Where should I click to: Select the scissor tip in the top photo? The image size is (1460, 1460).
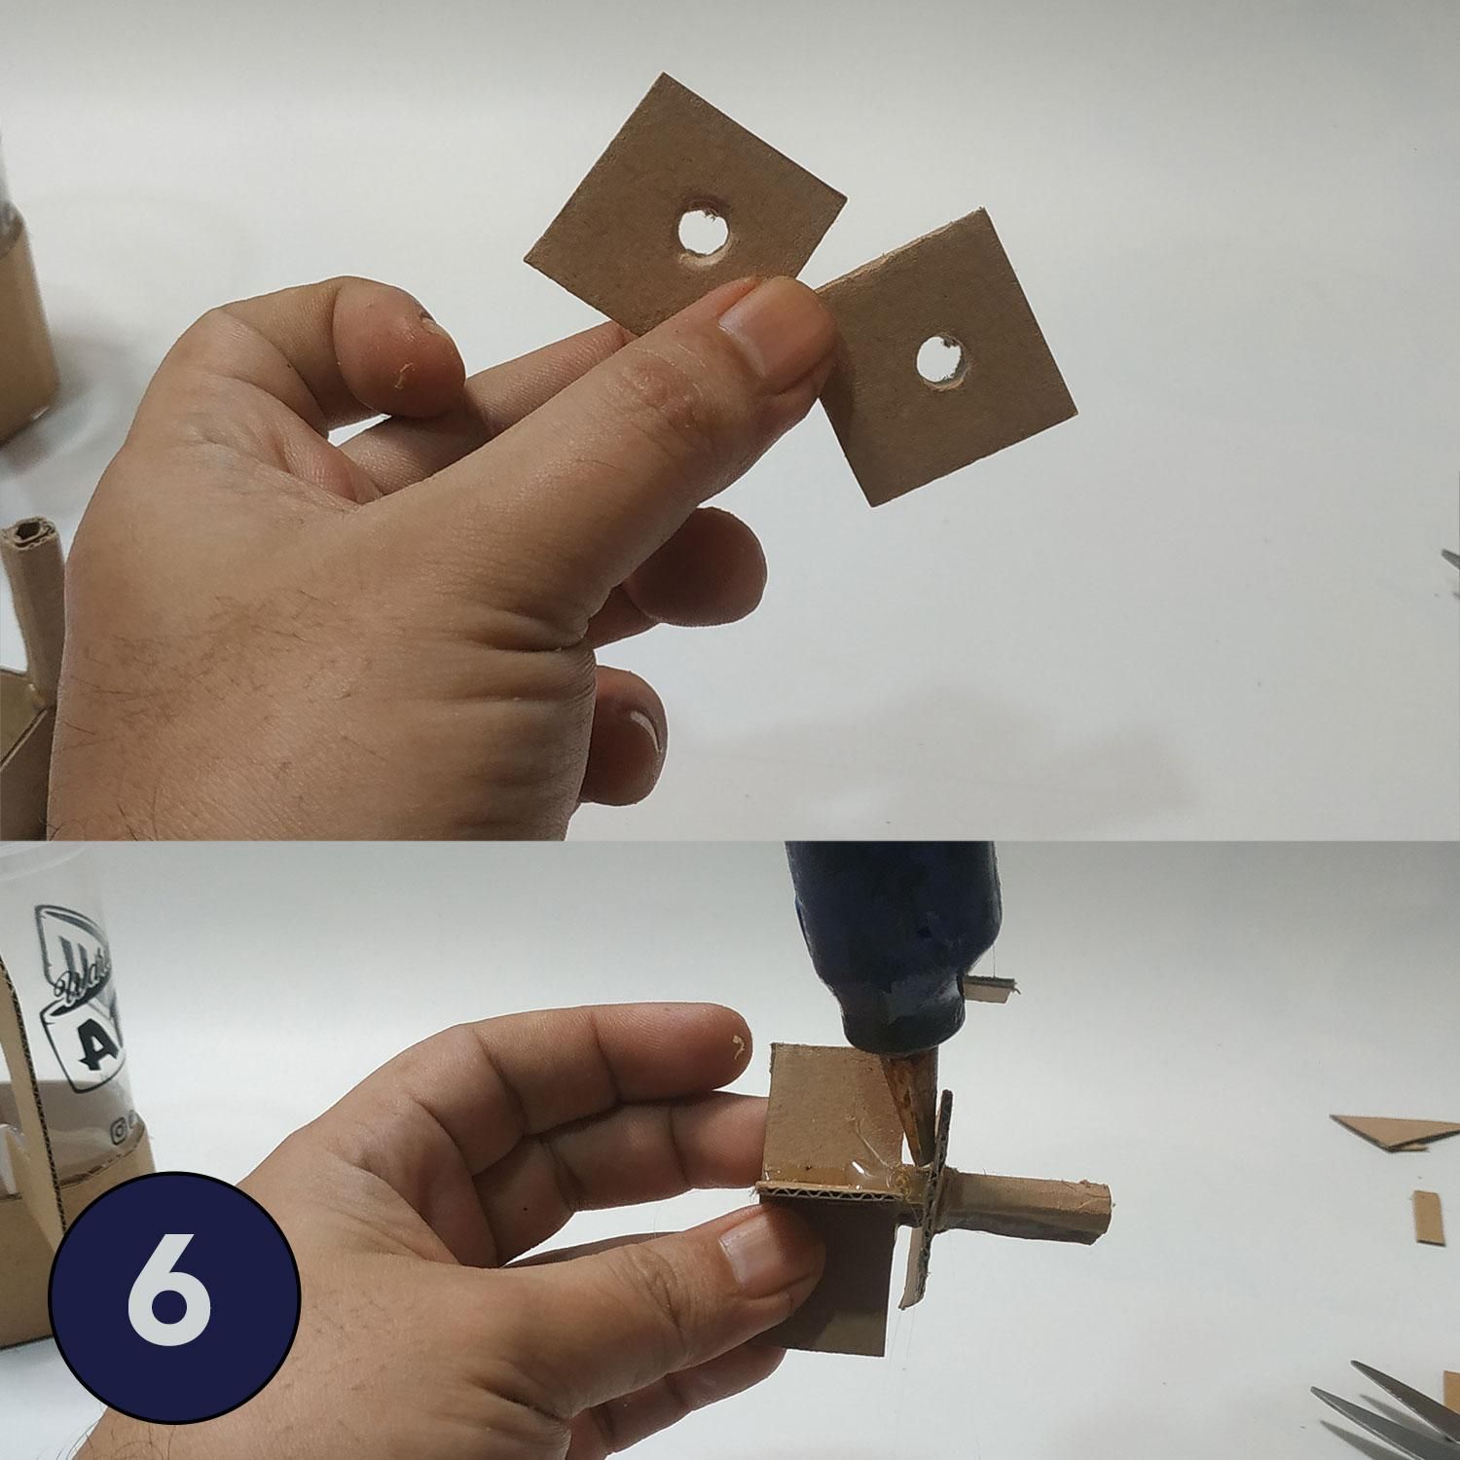coord(1450,559)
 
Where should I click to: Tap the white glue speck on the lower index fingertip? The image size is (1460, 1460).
coord(737,1046)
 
